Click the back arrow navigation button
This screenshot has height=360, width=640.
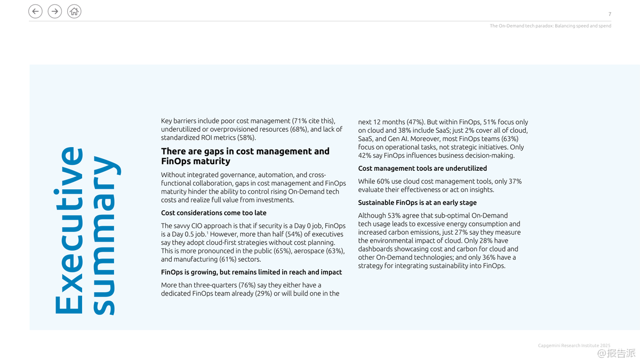(35, 11)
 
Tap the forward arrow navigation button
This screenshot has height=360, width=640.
(54, 11)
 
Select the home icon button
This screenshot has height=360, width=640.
(74, 11)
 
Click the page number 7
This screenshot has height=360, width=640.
(610, 14)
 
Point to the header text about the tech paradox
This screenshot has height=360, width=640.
(550, 26)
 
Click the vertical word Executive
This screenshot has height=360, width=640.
(68, 230)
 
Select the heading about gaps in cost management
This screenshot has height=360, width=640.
(245, 156)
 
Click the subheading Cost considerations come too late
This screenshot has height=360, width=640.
(213, 213)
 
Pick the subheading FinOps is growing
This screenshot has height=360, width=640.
(251, 272)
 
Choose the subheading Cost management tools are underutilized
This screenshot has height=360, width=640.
(422, 169)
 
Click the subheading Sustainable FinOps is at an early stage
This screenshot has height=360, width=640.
(417, 203)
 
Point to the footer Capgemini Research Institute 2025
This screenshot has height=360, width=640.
(574, 346)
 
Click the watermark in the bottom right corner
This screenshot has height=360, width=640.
(616, 353)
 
